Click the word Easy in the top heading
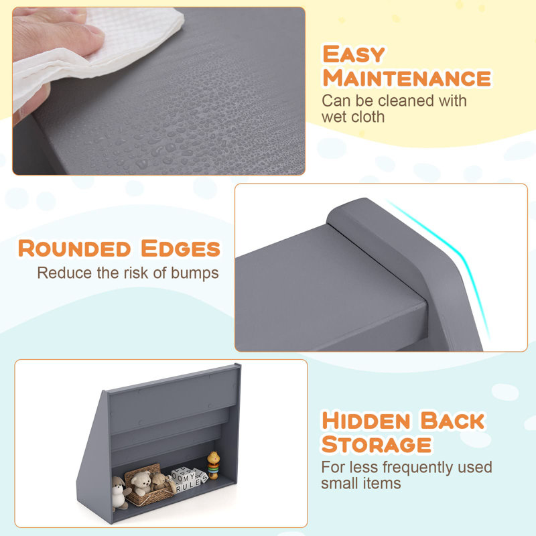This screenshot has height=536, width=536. point(354,54)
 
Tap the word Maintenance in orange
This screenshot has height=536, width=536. point(407,78)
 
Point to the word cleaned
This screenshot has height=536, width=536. point(407,101)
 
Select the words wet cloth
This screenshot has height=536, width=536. point(353,117)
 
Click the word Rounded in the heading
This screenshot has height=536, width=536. point(74,248)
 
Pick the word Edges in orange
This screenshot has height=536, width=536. point(180,248)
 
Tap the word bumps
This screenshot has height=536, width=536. point(194,273)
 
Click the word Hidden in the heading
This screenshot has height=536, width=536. point(366,421)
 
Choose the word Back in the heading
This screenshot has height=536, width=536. point(453,421)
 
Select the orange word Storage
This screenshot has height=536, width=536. point(377,444)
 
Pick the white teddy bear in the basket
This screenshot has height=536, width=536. point(141,482)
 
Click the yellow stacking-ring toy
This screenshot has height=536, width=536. point(213,465)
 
